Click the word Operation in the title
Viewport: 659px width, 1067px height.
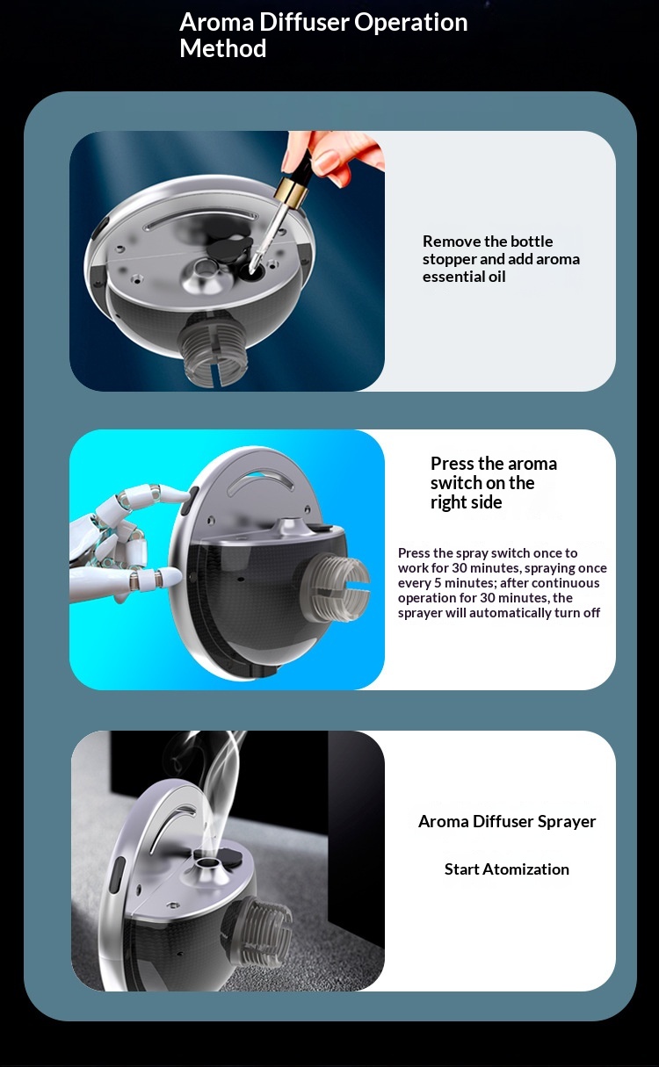[410, 22]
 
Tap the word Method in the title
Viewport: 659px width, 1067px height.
[222, 48]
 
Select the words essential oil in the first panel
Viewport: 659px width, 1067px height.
[464, 277]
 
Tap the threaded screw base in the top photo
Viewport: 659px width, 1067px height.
[213, 349]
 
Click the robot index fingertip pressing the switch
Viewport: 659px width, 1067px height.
[177, 496]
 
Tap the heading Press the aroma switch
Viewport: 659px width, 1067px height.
[494, 482]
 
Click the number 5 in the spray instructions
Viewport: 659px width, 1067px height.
[438, 582]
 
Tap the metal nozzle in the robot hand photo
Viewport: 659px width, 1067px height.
[291, 528]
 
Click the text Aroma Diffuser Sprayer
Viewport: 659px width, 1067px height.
[507, 821]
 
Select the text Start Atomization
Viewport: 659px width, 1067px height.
[506, 869]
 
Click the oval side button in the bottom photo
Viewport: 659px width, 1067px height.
[117, 874]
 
